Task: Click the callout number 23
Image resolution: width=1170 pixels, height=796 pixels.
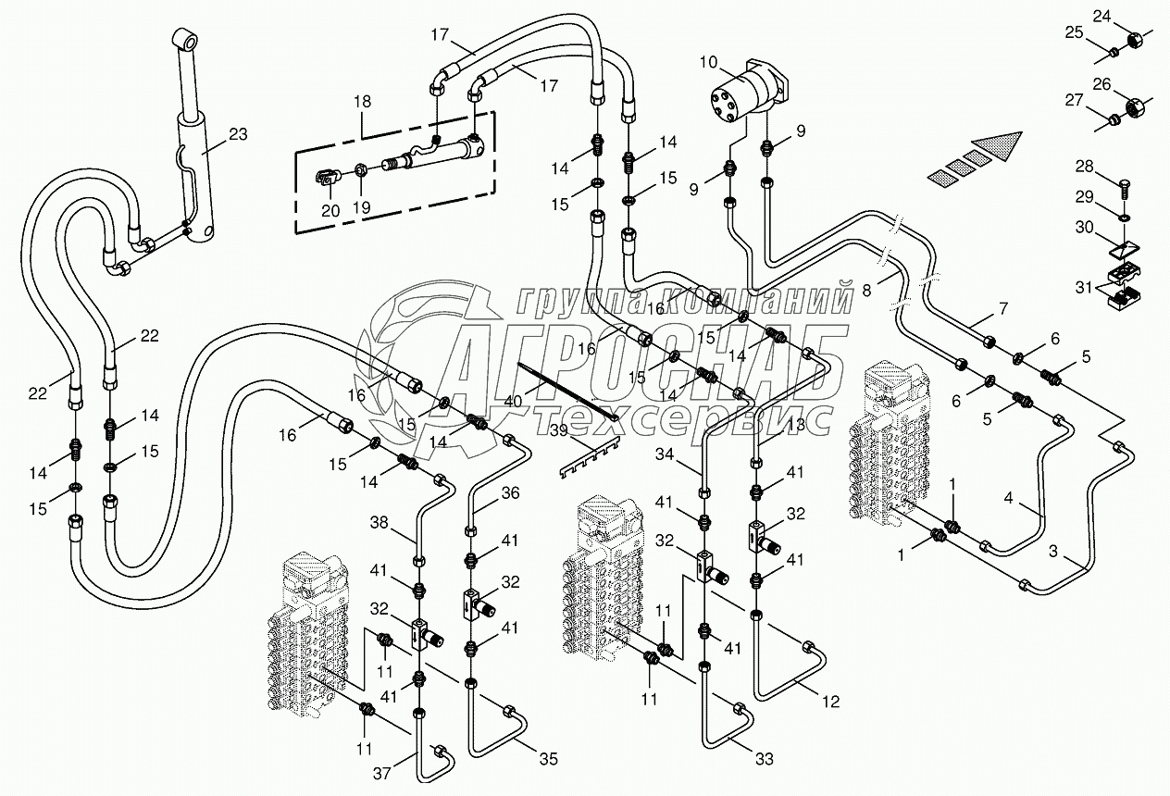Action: click(238, 134)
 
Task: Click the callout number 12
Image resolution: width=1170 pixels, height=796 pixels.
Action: click(830, 703)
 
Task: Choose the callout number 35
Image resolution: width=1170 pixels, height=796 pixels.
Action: click(549, 760)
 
